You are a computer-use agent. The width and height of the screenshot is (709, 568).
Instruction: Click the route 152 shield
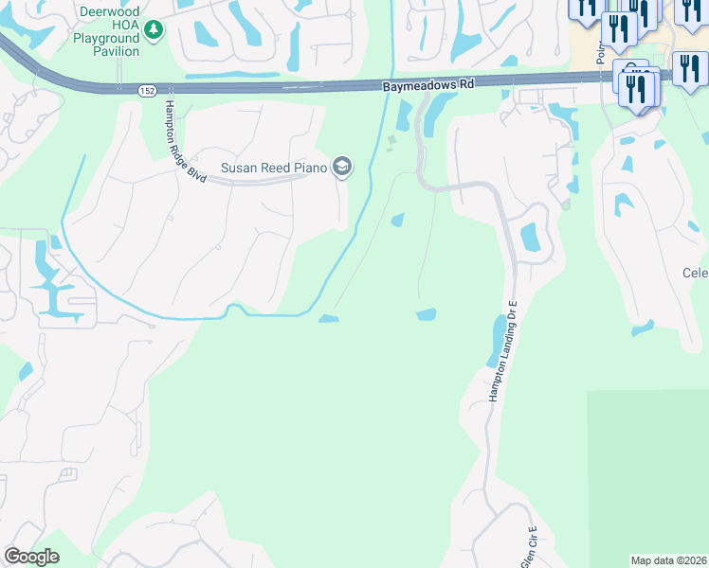pyautogui.click(x=146, y=91)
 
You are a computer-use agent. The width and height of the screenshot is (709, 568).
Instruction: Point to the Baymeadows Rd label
pyautogui.click(x=427, y=85)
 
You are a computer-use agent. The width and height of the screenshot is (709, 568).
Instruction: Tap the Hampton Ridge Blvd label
pyautogui.click(x=184, y=142)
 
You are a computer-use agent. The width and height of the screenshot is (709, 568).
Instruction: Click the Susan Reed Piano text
pyautogui.click(x=273, y=169)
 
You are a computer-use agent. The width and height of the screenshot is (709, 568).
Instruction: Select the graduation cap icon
pyautogui.click(x=342, y=169)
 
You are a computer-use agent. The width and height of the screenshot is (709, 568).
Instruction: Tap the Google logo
pyautogui.click(x=31, y=557)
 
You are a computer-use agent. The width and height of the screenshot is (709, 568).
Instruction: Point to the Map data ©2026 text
pyautogui.click(x=668, y=560)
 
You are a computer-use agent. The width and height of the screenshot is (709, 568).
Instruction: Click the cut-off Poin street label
pyautogui.click(x=600, y=52)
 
